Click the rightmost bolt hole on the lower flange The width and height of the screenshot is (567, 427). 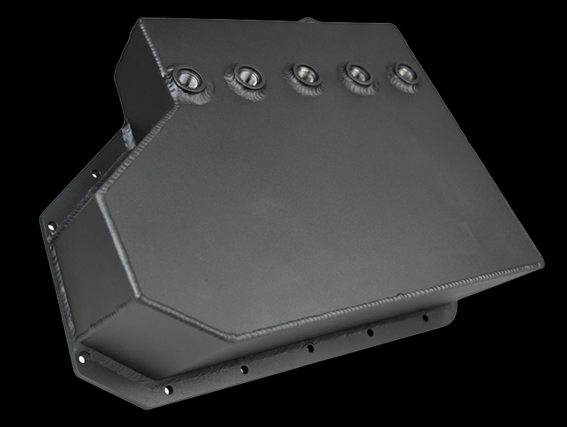[425, 318]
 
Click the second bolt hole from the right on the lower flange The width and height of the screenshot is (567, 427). [370, 332]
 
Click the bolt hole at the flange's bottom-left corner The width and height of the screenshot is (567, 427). [82, 359]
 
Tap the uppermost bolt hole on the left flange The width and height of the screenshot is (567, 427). [94, 174]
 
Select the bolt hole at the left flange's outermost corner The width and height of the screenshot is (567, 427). [51, 227]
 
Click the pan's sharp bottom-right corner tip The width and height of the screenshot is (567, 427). [542, 264]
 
